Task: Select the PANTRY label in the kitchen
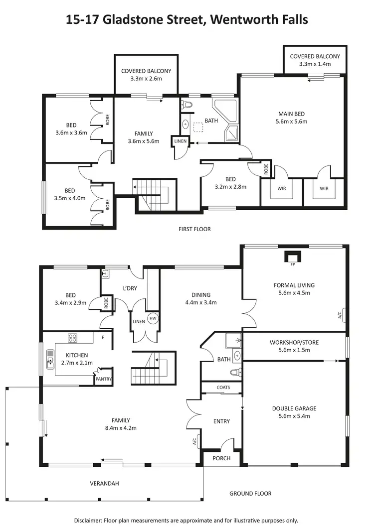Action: pyautogui.click(x=104, y=380)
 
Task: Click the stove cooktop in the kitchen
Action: pyautogui.click(x=73, y=338)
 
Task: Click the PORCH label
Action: pyautogui.click(x=221, y=458)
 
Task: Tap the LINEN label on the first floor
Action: pyautogui.click(x=180, y=141)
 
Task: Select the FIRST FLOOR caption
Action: pyautogui.click(x=194, y=229)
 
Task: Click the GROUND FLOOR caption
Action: pyautogui.click(x=250, y=494)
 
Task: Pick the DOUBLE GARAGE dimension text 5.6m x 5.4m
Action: pyautogui.click(x=294, y=416)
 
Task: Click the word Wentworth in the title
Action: pyautogui.click(x=238, y=20)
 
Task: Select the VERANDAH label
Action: pyautogui.click(x=104, y=483)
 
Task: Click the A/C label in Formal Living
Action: pyautogui.click(x=340, y=315)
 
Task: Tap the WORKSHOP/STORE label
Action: pyautogui.click(x=294, y=343)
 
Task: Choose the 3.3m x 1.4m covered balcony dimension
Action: pyautogui.click(x=315, y=64)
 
